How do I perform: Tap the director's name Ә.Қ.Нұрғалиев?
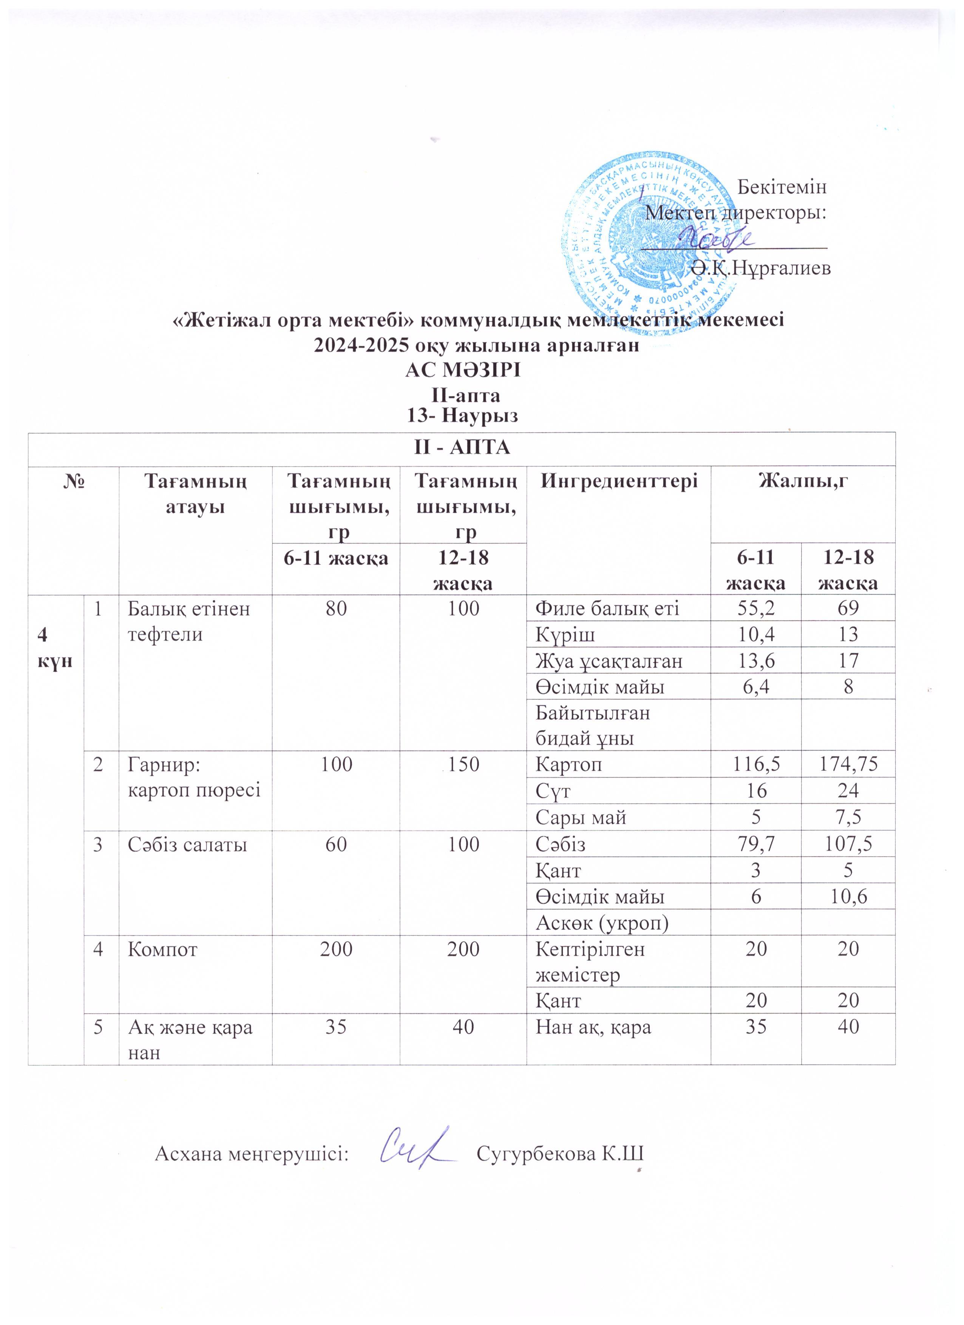click(760, 268)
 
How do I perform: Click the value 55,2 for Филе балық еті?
click(755, 609)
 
